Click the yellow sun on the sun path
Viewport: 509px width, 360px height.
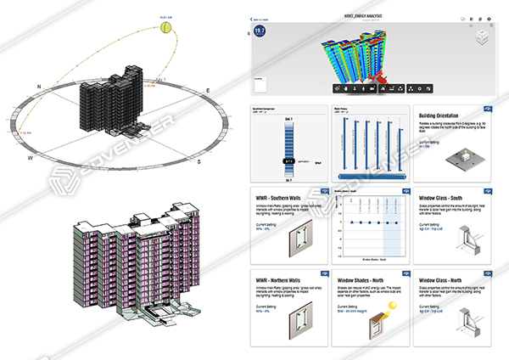pos(167,28)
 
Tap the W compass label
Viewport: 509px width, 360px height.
pos(30,157)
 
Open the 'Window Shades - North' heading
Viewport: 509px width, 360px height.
pos(363,279)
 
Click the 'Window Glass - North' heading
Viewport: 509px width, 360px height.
pos(445,279)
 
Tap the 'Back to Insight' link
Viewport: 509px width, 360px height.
pos(261,18)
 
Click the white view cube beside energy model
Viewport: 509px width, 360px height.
pos(481,37)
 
